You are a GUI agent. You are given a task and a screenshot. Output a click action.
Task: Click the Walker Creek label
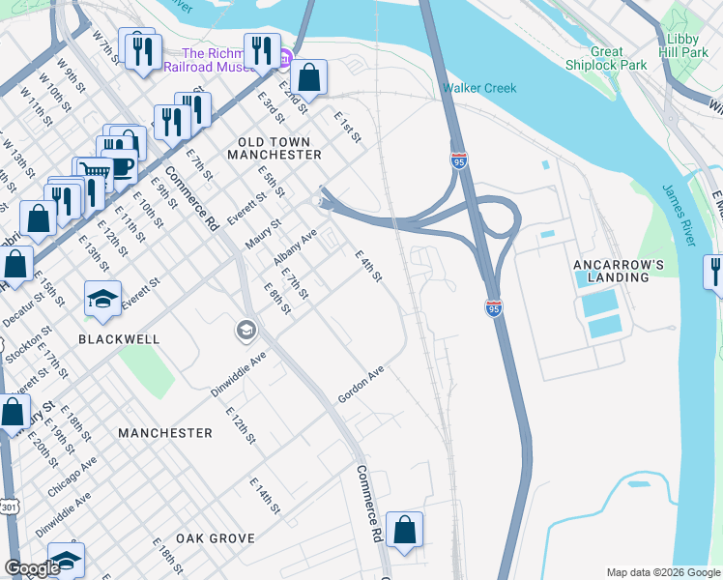point(479,88)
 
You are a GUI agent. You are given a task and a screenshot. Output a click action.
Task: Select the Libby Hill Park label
point(682,45)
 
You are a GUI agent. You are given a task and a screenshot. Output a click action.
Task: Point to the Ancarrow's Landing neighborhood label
point(619,271)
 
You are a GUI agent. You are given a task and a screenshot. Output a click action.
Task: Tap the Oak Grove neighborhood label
point(216,538)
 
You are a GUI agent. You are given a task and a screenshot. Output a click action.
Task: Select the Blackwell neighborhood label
point(119,340)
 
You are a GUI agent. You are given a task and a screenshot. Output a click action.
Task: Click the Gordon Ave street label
point(361,385)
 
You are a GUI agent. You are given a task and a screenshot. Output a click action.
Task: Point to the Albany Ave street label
point(295,248)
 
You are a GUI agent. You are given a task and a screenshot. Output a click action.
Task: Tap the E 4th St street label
point(368,267)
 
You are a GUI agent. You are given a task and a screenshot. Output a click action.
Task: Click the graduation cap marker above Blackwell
point(102,298)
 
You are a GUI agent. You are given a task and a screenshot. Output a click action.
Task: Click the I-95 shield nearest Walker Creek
point(459,161)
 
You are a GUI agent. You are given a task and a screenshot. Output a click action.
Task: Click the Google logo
point(32,567)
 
